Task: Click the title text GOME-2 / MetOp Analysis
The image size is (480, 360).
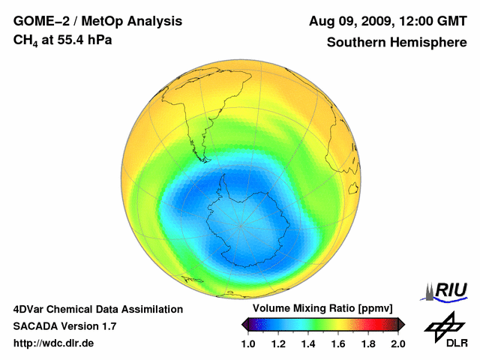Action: coord(97,20)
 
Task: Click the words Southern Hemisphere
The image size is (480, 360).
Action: coord(396,43)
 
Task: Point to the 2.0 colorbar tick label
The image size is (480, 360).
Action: coord(397,343)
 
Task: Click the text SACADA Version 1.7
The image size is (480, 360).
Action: coord(64,326)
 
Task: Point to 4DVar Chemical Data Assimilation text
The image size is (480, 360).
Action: coord(97,309)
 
